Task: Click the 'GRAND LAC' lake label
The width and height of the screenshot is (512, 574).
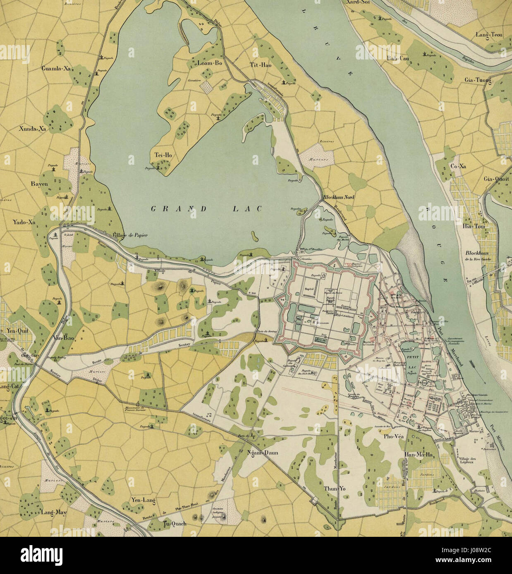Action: (x=206, y=209)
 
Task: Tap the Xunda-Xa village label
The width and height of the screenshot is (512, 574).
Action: (x=32, y=128)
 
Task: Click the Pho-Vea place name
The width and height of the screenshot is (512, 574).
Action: (x=394, y=436)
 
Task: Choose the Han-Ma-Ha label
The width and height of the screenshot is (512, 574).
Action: (x=418, y=455)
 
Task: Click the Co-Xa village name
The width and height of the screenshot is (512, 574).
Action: (x=458, y=166)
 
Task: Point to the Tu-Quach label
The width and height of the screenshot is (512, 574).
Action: (x=175, y=524)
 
